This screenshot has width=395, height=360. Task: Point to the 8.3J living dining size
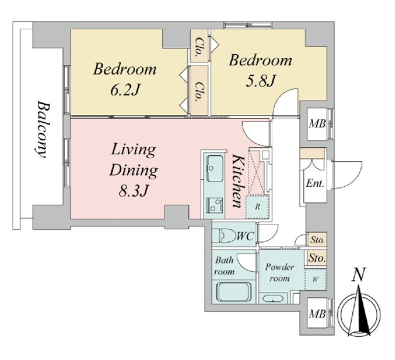tap(133, 191)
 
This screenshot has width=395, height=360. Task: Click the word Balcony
tap(41, 129)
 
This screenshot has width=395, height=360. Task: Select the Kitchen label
tap(238, 181)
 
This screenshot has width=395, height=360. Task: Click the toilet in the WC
tap(224, 236)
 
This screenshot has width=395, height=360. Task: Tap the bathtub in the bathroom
tap(234, 292)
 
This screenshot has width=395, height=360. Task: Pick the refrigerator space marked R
tap(257, 206)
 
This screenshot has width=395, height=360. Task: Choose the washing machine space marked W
tap(315, 279)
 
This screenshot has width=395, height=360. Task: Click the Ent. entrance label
tap(315, 183)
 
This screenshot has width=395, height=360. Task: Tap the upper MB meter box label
tap(317, 124)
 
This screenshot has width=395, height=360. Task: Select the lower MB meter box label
tap(317, 314)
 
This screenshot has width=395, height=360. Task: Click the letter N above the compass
tap(358, 274)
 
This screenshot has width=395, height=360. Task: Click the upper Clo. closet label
tap(199, 46)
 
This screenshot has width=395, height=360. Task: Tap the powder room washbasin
tap(273, 299)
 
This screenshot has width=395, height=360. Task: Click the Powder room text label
tap(279, 272)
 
